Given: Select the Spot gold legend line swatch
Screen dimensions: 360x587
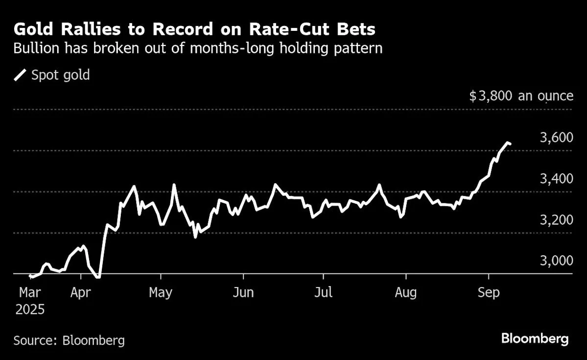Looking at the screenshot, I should (x=21, y=75).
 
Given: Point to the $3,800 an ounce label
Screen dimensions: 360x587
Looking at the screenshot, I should (x=521, y=96).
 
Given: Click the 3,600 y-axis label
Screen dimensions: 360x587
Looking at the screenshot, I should (x=555, y=138).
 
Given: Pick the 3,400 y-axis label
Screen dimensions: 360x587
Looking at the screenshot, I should (x=555, y=179).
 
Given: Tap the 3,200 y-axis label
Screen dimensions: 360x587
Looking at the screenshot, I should (x=555, y=220).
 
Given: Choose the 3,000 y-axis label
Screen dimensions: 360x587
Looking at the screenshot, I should (x=555, y=261).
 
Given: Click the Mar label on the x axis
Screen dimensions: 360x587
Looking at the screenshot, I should (x=30, y=293).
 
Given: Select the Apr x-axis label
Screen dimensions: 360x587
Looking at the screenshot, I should (x=80, y=293).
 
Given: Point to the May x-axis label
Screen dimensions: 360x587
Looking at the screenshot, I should (x=161, y=293).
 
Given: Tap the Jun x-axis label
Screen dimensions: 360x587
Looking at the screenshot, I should (x=243, y=293).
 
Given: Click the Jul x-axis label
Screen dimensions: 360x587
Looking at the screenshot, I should (x=323, y=293).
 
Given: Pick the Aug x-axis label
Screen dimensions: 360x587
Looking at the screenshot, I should (x=405, y=293).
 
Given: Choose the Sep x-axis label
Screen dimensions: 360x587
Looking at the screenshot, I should (x=488, y=293).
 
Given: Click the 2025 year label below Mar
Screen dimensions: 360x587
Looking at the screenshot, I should (x=30, y=310).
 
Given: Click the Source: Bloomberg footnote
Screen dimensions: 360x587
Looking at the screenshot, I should (x=69, y=340).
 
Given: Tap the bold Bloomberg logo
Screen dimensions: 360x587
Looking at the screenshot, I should (x=535, y=338).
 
